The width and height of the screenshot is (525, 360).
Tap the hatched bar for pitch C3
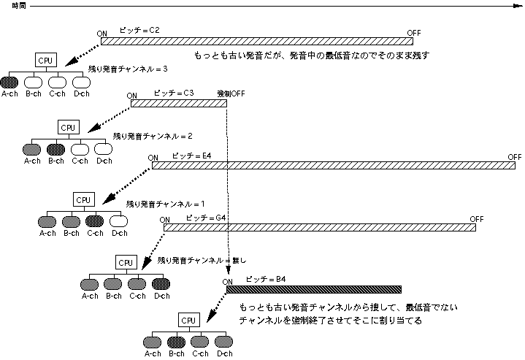(x=179, y=103)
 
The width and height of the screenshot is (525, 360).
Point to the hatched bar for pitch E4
(x=332, y=166)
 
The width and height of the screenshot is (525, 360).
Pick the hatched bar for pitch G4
(x=319, y=227)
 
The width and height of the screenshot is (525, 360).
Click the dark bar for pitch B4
(x=314, y=289)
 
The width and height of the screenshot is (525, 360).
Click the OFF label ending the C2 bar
(x=414, y=33)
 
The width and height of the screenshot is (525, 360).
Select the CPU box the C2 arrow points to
(x=46, y=60)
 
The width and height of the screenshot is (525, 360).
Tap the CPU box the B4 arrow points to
(x=188, y=320)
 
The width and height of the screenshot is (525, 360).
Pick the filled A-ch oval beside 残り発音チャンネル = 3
(x=9, y=81)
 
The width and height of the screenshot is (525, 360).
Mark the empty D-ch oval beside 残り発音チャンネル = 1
(x=118, y=221)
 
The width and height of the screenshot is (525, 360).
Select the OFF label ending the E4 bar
(x=515, y=157)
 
